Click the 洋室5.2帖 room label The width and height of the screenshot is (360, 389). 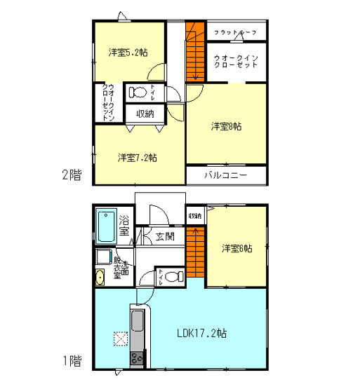tap(128, 53)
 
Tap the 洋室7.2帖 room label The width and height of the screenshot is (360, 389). tap(137, 157)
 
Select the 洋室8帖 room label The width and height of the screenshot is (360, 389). tap(227, 127)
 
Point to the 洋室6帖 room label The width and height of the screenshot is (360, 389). tap(236, 248)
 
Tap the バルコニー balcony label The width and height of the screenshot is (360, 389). tap(225, 175)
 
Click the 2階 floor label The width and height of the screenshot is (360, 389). tap(72, 175)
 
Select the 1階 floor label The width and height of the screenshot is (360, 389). tap(72, 362)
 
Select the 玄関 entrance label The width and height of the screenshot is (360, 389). tap(166, 236)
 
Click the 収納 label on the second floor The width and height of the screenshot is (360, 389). tap(145, 114)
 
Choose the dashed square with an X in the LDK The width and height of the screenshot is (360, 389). tap(120, 339)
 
